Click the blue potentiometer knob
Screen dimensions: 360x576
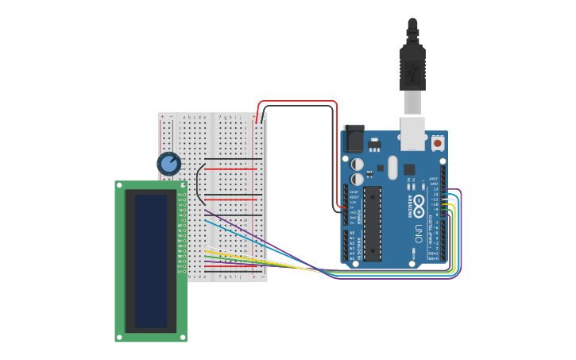pyautogui.click(x=168, y=165)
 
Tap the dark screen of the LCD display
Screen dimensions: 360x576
pyautogui.click(x=151, y=261)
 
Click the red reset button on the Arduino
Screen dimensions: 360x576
pyautogui.click(x=438, y=143)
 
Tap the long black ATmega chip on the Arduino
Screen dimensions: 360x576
pyautogui.click(x=373, y=223)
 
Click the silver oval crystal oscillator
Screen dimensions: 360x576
pyautogui.click(x=392, y=168)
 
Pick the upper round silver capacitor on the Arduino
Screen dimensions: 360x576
pyautogui.click(x=358, y=164)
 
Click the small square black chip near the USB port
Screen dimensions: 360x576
pyautogui.click(x=409, y=169)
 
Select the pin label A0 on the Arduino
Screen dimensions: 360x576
pyautogui.click(x=352, y=233)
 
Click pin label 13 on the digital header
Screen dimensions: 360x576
pyautogui.click(x=435, y=188)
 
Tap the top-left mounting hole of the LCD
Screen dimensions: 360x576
pyautogui.click(x=120, y=185)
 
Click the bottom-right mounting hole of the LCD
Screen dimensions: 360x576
pyautogui.click(x=183, y=337)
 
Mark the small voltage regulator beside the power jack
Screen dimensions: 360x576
pyautogui.click(x=374, y=145)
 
